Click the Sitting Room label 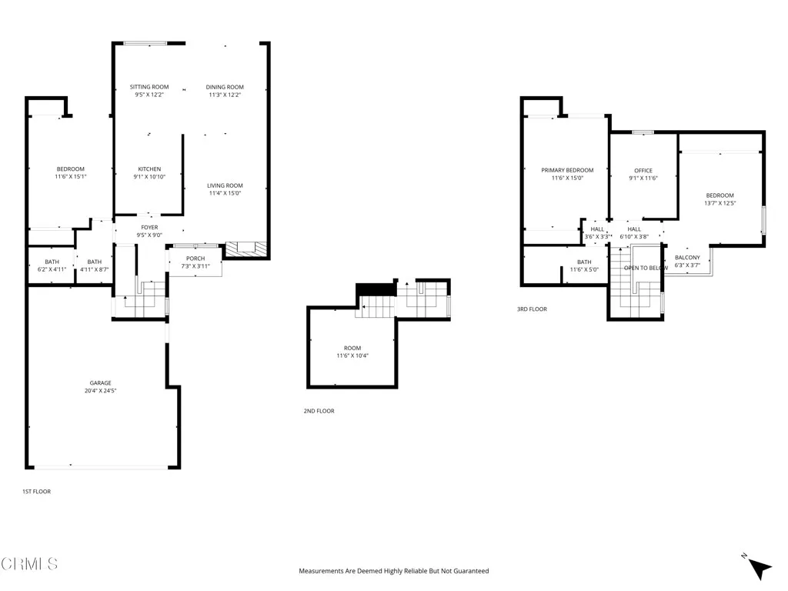149,87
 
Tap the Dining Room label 225,87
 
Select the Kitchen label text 149,169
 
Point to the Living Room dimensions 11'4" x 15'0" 225,193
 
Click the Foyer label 149,228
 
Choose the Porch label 195,259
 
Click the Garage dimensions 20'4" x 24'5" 100,391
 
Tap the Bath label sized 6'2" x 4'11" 52,262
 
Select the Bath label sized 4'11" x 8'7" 94,262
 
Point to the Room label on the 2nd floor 352,348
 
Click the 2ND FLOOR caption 319,411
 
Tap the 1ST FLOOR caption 36,491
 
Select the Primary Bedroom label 567,170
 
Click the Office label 643,171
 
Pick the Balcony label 687,258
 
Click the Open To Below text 646,268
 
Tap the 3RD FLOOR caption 532,309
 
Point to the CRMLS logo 29,564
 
